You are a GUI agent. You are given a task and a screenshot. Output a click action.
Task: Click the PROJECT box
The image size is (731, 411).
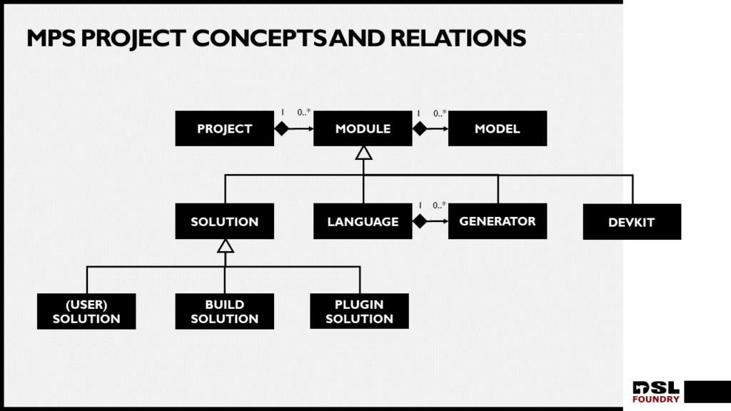coord(225,128)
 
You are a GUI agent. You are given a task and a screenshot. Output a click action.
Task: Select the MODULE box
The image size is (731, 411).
coord(363,128)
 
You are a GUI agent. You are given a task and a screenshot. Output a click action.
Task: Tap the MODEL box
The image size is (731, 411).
coord(498,128)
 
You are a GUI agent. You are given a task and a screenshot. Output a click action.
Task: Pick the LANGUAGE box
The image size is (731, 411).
coord(363,221)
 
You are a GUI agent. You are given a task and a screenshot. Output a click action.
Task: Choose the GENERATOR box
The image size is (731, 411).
coord(498,221)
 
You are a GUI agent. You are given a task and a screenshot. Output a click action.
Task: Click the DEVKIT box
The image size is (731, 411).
coord(632,222)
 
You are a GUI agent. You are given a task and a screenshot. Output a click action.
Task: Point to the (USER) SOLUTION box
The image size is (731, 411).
coord(86,311)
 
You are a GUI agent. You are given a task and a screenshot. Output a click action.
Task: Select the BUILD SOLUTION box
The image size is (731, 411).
coord(225,311)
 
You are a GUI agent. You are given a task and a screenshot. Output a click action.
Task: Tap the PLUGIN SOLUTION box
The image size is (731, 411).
coord(360,311)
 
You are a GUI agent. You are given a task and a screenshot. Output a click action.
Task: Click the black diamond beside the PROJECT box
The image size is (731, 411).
coord(281,128)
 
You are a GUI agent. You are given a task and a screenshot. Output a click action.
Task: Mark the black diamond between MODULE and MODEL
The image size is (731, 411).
coord(420,128)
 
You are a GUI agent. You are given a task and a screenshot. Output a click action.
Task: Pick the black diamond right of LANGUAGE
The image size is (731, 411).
coord(420,221)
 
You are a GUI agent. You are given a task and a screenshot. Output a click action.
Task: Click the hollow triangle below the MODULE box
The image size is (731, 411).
coord(363,153)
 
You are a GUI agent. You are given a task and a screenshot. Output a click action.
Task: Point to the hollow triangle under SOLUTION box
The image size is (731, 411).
coord(225,245)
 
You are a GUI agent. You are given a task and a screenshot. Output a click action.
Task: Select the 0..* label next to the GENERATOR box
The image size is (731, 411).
coord(439,205)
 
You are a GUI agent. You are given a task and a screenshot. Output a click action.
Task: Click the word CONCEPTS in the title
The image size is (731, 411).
coord(259,39)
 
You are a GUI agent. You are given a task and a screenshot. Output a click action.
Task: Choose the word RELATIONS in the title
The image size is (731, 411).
coord(458,39)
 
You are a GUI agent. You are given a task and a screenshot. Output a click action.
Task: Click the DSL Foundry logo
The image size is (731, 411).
coord(656,392)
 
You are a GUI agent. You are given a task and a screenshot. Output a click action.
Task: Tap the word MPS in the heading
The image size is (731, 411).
coord(51,39)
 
